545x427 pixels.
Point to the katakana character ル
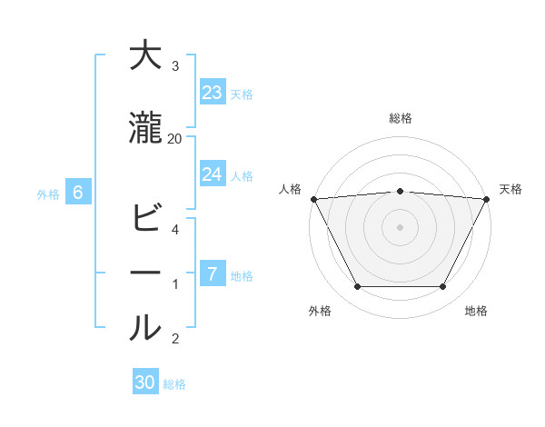(146, 328)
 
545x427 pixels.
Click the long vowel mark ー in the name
(146, 273)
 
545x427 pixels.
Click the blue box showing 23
(213, 93)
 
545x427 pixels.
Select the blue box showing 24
(213, 174)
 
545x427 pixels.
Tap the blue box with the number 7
(213, 274)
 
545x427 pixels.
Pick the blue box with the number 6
(78, 193)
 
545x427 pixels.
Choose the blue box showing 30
(145, 382)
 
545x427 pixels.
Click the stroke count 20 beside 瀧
(175, 138)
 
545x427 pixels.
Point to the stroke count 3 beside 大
(175, 66)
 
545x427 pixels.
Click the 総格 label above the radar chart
(401, 118)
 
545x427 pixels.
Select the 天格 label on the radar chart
(511, 189)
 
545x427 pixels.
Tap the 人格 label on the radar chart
(290, 189)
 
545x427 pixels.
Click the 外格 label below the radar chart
(320, 311)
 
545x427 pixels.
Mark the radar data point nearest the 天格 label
(488, 199)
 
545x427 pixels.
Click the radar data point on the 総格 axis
(401, 191)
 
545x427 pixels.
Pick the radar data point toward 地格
(443, 287)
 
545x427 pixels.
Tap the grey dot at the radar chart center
(401, 226)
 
